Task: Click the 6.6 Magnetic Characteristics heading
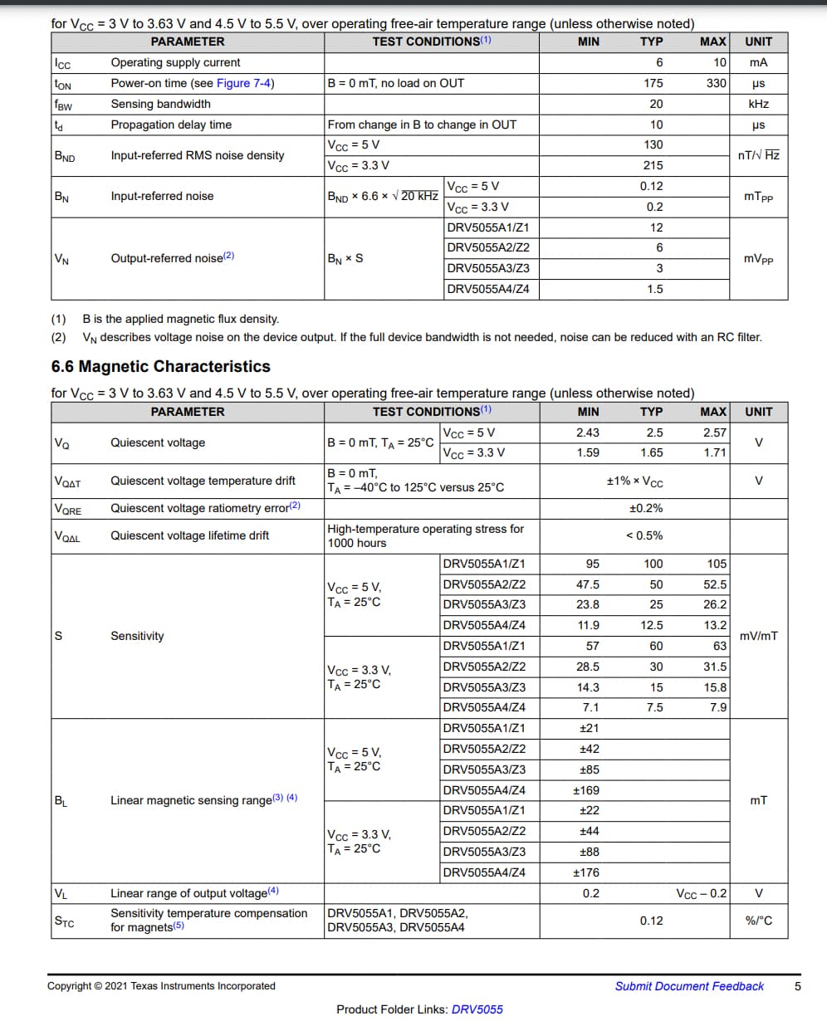(x=160, y=366)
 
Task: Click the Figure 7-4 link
(x=245, y=83)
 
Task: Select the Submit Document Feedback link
(x=689, y=986)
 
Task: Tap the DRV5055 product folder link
(x=477, y=1009)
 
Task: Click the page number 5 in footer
(x=798, y=986)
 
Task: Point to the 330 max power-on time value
(x=717, y=83)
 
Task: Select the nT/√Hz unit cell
(x=758, y=155)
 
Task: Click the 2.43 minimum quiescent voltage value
(x=587, y=432)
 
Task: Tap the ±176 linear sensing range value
(x=586, y=872)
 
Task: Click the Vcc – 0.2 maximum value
(x=702, y=893)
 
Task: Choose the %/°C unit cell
(x=758, y=921)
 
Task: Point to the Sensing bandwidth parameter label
(x=160, y=104)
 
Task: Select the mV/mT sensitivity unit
(x=758, y=636)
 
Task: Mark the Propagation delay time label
(x=171, y=125)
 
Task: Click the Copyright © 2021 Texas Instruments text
(x=161, y=986)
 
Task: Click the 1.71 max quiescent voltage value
(x=714, y=452)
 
